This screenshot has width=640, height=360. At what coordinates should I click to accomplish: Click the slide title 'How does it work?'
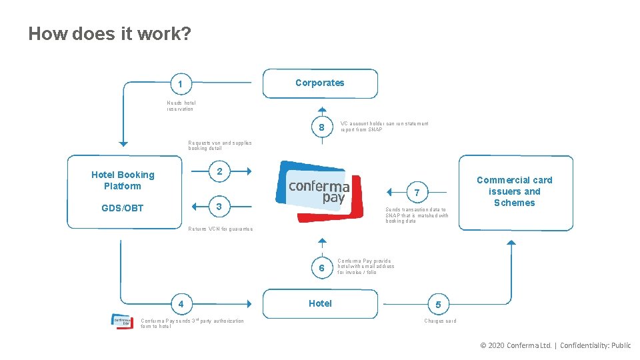tap(109, 33)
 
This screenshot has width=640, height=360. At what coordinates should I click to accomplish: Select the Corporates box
tap(320, 83)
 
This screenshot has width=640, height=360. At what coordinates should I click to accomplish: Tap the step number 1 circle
tap(180, 85)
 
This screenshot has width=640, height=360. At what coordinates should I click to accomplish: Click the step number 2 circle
tap(220, 171)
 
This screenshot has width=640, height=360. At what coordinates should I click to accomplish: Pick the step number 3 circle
tap(220, 207)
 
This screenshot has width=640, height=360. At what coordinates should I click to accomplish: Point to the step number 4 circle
tap(180, 305)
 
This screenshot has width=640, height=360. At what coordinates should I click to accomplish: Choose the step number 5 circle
tap(437, 305)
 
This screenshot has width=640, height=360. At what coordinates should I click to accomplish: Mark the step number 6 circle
tap(321, 268)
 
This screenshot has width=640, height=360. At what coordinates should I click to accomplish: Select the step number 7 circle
tap(417, 193)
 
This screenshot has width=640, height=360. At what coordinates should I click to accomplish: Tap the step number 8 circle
tap(321, 127)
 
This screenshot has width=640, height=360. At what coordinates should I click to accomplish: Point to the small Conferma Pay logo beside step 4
tap(122, 320)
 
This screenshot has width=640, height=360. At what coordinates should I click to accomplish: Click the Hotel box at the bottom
tap(320, 303)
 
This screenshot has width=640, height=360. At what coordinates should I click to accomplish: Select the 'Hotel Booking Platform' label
tap(123, 180)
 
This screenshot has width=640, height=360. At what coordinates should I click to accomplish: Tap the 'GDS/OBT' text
tap(123, 208)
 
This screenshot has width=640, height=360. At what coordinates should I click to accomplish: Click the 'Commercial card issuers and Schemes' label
tap(514, 191)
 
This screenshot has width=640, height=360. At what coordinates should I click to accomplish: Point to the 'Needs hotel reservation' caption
tap(181, 105)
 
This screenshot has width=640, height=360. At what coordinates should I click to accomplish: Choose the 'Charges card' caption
tap(440, 321)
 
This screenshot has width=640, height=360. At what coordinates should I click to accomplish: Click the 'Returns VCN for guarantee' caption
tap(220, 229)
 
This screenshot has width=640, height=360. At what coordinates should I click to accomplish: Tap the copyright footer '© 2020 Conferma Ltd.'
tap(516, 345)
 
